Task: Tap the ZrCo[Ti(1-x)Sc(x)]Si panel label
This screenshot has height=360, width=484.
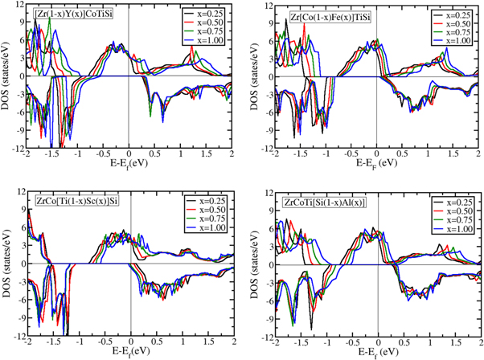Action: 77,199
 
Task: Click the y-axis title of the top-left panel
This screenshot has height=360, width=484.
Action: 7,76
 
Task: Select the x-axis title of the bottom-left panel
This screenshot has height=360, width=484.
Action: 129,350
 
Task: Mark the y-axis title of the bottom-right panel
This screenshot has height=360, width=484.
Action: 256,263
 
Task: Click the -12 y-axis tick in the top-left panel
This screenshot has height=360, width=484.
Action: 18,149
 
